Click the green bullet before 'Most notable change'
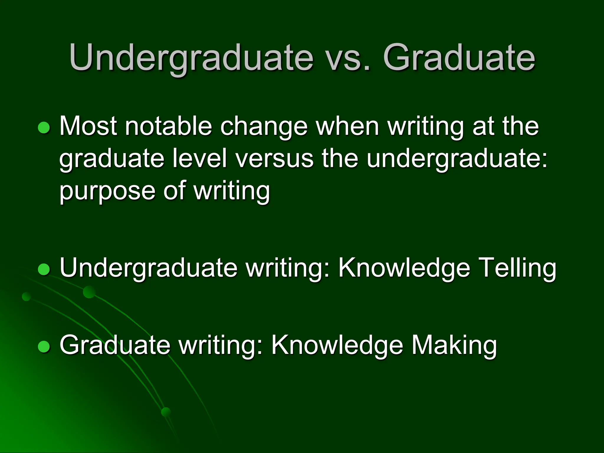44,128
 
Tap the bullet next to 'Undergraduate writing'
44,269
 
